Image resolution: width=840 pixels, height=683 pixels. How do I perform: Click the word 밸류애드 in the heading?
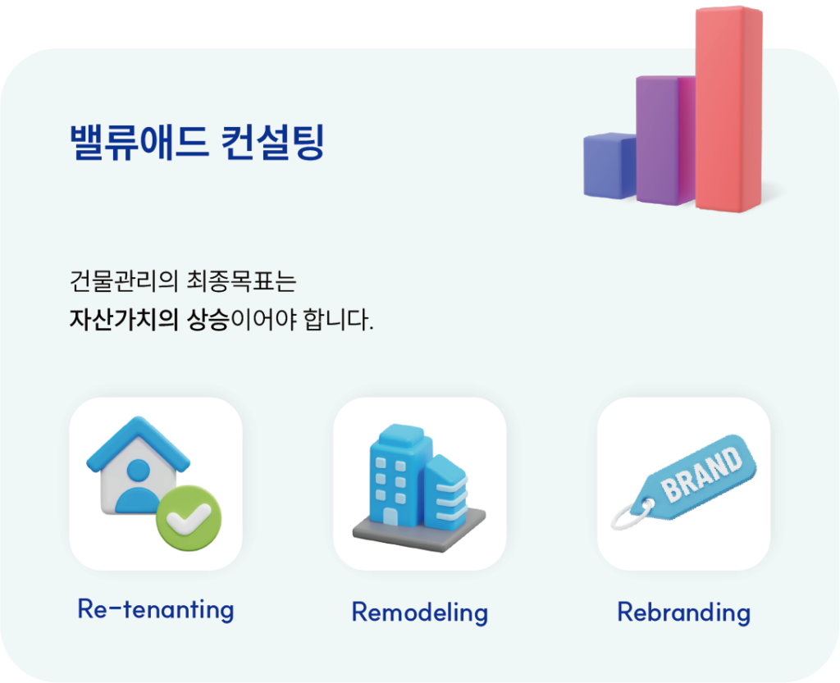point(138,143)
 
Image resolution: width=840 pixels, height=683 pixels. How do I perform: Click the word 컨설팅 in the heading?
point(272,143)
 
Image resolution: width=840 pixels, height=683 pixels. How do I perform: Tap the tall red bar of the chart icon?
point(728,109)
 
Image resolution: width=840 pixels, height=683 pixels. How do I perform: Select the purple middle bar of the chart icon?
point(665,140)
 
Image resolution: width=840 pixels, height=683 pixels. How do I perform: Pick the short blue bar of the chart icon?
point(609,166)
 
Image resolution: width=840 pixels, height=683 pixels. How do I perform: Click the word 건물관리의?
point(123,281)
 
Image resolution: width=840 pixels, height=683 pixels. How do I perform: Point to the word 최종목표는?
point(242,281)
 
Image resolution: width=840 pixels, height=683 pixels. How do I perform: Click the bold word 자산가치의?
point(123,320)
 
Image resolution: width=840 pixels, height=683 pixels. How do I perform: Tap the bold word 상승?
point(208,320)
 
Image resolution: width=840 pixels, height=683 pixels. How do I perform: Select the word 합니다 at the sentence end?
point(336,320)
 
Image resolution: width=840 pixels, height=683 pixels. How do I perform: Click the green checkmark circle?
point(189,517)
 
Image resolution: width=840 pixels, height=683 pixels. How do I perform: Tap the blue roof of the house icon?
point(138,442)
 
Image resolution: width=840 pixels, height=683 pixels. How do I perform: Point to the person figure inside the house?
point(138,485)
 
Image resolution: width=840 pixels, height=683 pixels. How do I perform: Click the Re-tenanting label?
point(156,610)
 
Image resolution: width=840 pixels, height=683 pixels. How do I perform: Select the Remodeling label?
point(419,612)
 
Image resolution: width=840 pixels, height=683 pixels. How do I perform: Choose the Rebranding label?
point(683,612)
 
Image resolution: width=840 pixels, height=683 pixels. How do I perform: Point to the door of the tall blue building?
point(390,517)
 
